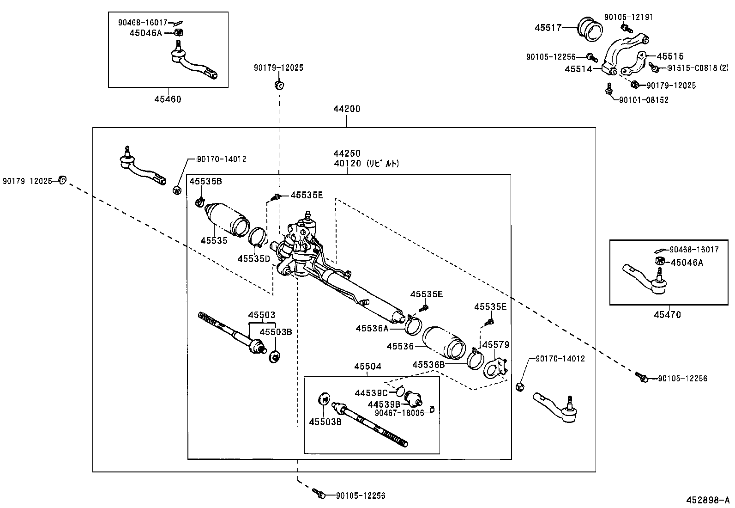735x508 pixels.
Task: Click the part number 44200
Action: click(347, 109)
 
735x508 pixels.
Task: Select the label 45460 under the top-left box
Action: click(168, 99)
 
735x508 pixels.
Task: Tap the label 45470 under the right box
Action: click(667, 315)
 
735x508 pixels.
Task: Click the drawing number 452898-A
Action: click(706, 500)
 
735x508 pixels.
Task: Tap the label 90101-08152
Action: click(644, 100)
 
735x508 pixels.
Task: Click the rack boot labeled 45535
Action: click(226, 220)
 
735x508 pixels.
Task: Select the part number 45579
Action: click(495, 345)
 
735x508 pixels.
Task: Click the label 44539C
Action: click(371, 393)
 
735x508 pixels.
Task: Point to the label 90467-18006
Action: click(399, 413)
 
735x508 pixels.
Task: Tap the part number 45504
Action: click(368, 367)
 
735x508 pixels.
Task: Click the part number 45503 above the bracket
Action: click(261, 315)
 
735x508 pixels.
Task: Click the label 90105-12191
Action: click(629, 17)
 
